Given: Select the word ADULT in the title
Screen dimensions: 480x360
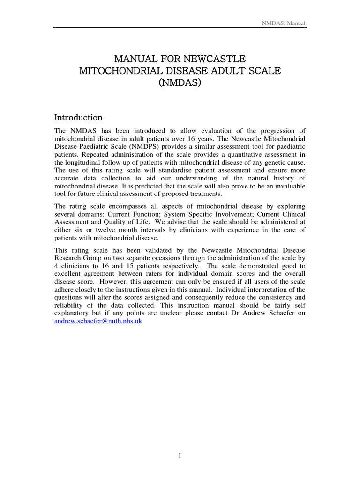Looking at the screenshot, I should (x=222, y=71).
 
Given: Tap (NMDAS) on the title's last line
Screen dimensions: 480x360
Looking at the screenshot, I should (x=180, y=83).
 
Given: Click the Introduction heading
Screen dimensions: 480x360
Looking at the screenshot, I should (x=78, y=117).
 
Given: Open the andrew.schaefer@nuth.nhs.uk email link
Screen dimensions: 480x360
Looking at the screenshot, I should (x=98, y=322).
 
